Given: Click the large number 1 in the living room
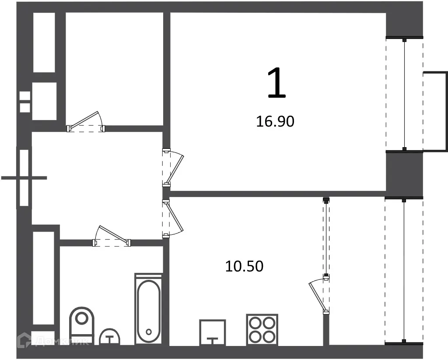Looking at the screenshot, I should (276, 84).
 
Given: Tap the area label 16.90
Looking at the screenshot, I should (275, 121).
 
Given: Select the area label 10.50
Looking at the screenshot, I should (244, 266).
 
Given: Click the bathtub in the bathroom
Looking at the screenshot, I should (149, 309).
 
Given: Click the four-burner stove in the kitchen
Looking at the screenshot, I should (262, 329).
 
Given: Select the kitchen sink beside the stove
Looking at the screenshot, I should (213, 333).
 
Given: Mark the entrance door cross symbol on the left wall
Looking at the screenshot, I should (24, 178).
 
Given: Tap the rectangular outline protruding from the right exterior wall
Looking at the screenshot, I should (435, 111).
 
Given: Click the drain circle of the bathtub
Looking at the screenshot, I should (149, 332).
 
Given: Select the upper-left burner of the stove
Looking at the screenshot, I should (255, 322).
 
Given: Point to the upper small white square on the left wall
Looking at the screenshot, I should (25, 96).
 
